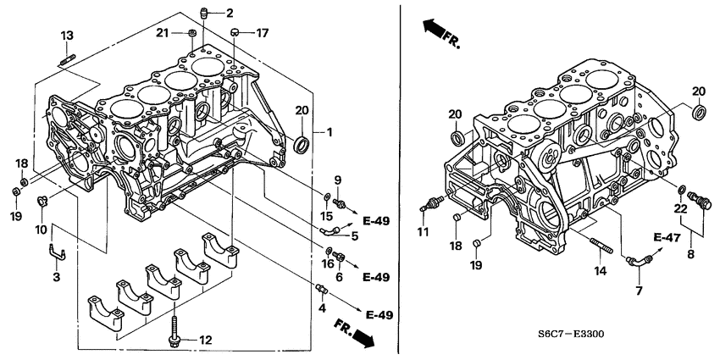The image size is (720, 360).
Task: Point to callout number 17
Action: pos(263,33)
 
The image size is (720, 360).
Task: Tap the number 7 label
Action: pos(639,291)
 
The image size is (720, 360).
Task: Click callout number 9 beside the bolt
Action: pos(336,180)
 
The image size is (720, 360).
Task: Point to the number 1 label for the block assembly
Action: pos(330,133)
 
